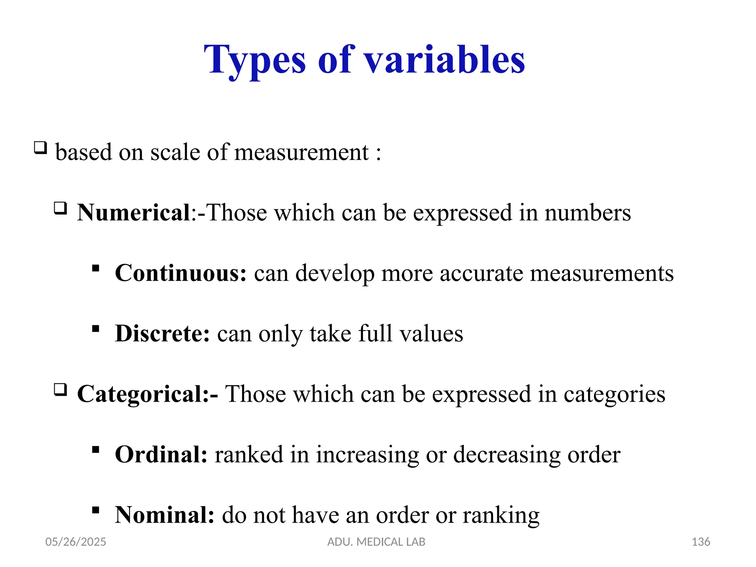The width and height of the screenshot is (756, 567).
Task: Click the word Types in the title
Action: pos(255,60)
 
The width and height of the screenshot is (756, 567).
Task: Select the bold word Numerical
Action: pos(134,213)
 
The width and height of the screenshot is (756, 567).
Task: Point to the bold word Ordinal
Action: pos(161,454)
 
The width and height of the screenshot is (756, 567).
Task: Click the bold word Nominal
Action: pos(164,515)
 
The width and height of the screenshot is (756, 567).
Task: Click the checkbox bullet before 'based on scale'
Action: pos(40,148)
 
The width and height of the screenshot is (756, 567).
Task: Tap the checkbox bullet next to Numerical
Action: pos(61,209)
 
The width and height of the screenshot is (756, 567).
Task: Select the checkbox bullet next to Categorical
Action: pos(61,390)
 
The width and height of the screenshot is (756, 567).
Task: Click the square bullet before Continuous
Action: pos(96,268)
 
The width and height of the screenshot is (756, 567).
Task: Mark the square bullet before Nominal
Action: pos(96,510)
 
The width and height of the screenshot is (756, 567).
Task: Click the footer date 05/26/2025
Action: pos(76,542)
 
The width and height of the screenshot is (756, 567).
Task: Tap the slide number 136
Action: pos(701,542)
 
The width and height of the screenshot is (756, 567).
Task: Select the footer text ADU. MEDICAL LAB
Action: pos(376,542)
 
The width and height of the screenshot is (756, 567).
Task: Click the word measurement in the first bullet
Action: pos(301,152)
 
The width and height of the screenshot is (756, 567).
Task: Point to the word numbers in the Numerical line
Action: pos(588,213)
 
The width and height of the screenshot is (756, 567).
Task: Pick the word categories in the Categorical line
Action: pos(614,394)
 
